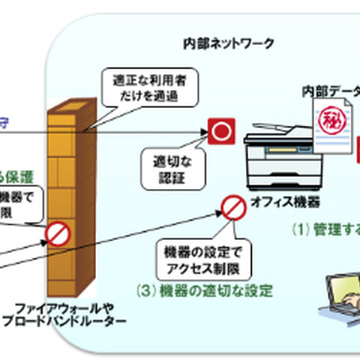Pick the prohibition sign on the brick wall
(x=58, y=233)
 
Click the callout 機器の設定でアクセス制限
(x=203, y=259)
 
